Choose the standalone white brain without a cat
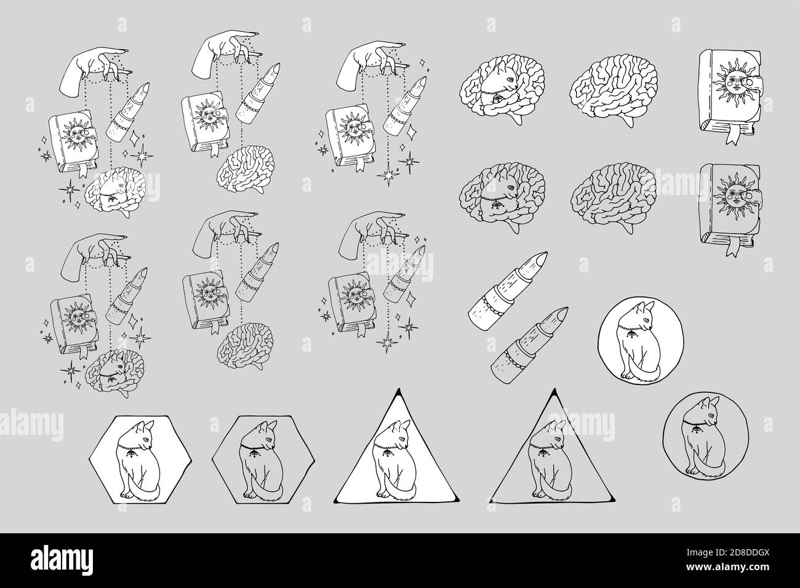[614, 89]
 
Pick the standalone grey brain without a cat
[614, 198]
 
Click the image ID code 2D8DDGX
[750, 552]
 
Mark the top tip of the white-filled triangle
[397, 389]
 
